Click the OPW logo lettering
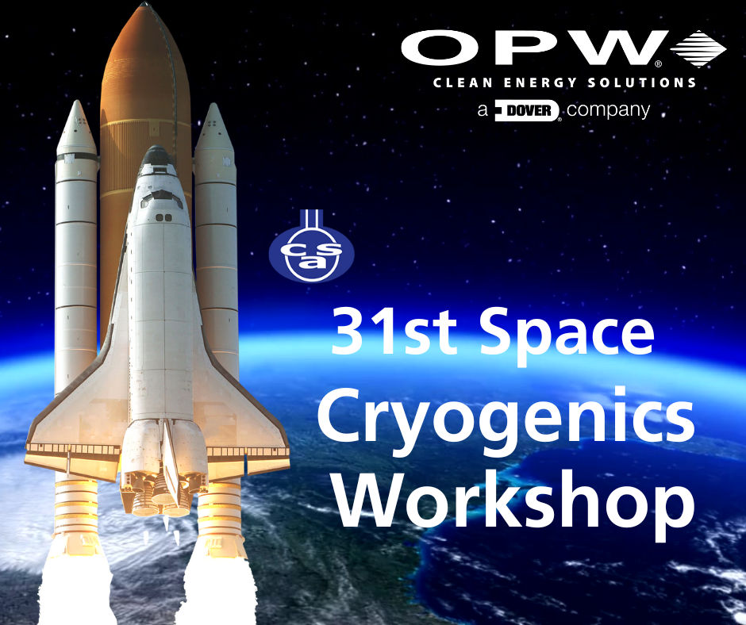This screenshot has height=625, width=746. coord(534,48)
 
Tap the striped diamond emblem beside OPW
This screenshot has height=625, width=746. coord(698,48)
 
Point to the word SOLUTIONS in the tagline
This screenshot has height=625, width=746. coord(642,82)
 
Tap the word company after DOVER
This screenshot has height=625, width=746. coord(608,111)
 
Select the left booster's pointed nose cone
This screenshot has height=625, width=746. coord(76,127)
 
